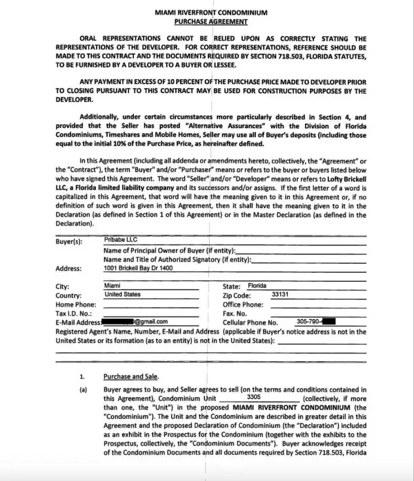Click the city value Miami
click(x=112, y=285)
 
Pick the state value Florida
click(x=257, y=285)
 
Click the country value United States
click(x=122, y=294)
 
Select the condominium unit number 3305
click(x=253, y=398)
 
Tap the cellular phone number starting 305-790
click(x=308, y=321)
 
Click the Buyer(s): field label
click(x=69, y=242)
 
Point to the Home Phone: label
click(x=75, y=304)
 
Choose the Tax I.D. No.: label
click(x=73, y=313)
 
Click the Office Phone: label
click(x=243, y=304)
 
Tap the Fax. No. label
click(x=235, y=313)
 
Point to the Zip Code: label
click(x=239, y=295)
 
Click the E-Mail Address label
click(x=78, y=322)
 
